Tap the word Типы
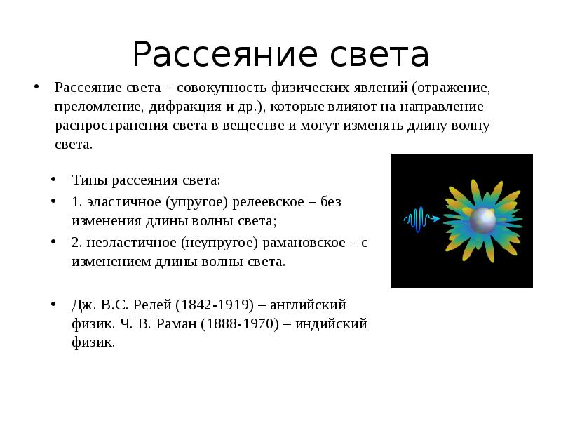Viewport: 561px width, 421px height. coord(87,180)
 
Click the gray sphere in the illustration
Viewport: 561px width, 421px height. coord(482,220)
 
